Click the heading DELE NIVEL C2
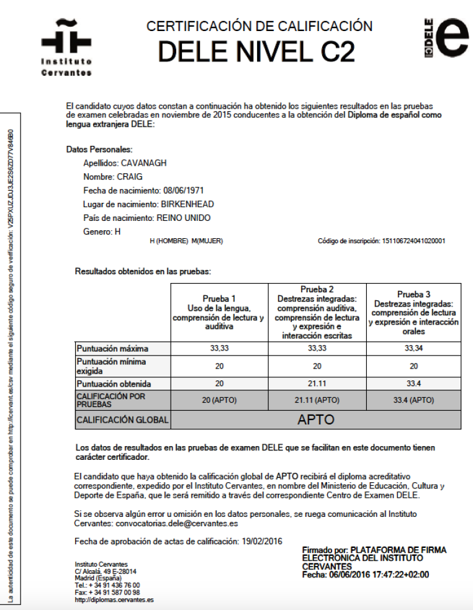point(256,52)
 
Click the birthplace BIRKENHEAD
point(187,204)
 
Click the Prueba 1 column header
point(218,312)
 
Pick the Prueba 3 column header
point(413,312)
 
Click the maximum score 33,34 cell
point(413,349)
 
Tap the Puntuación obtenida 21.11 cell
point(317,384)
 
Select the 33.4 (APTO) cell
point(413,400)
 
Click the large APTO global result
point(316,419)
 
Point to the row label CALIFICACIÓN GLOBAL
point(122,420)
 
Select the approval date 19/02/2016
point(261,541)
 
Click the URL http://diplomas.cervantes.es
point(114,600)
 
